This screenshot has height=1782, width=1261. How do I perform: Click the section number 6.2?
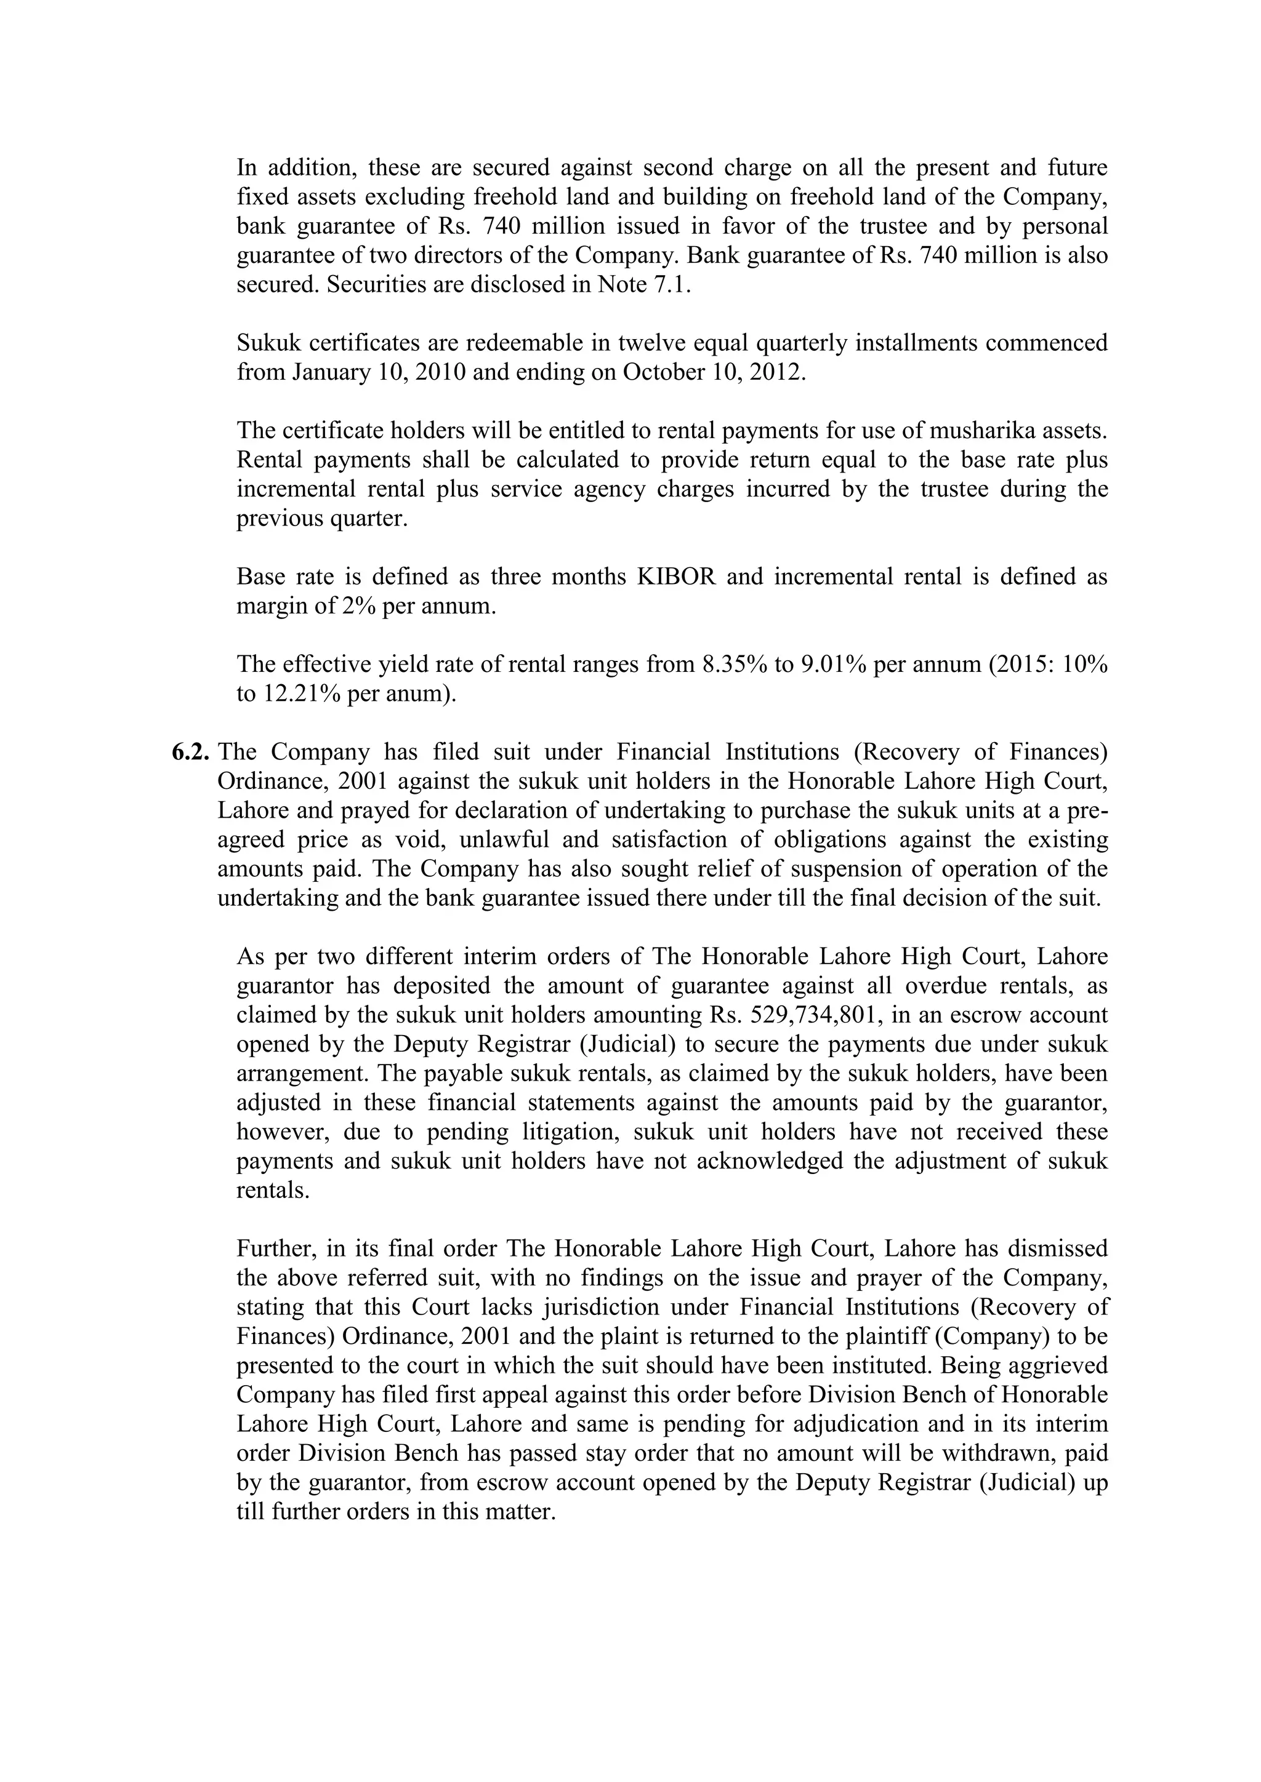coord(190,752)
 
